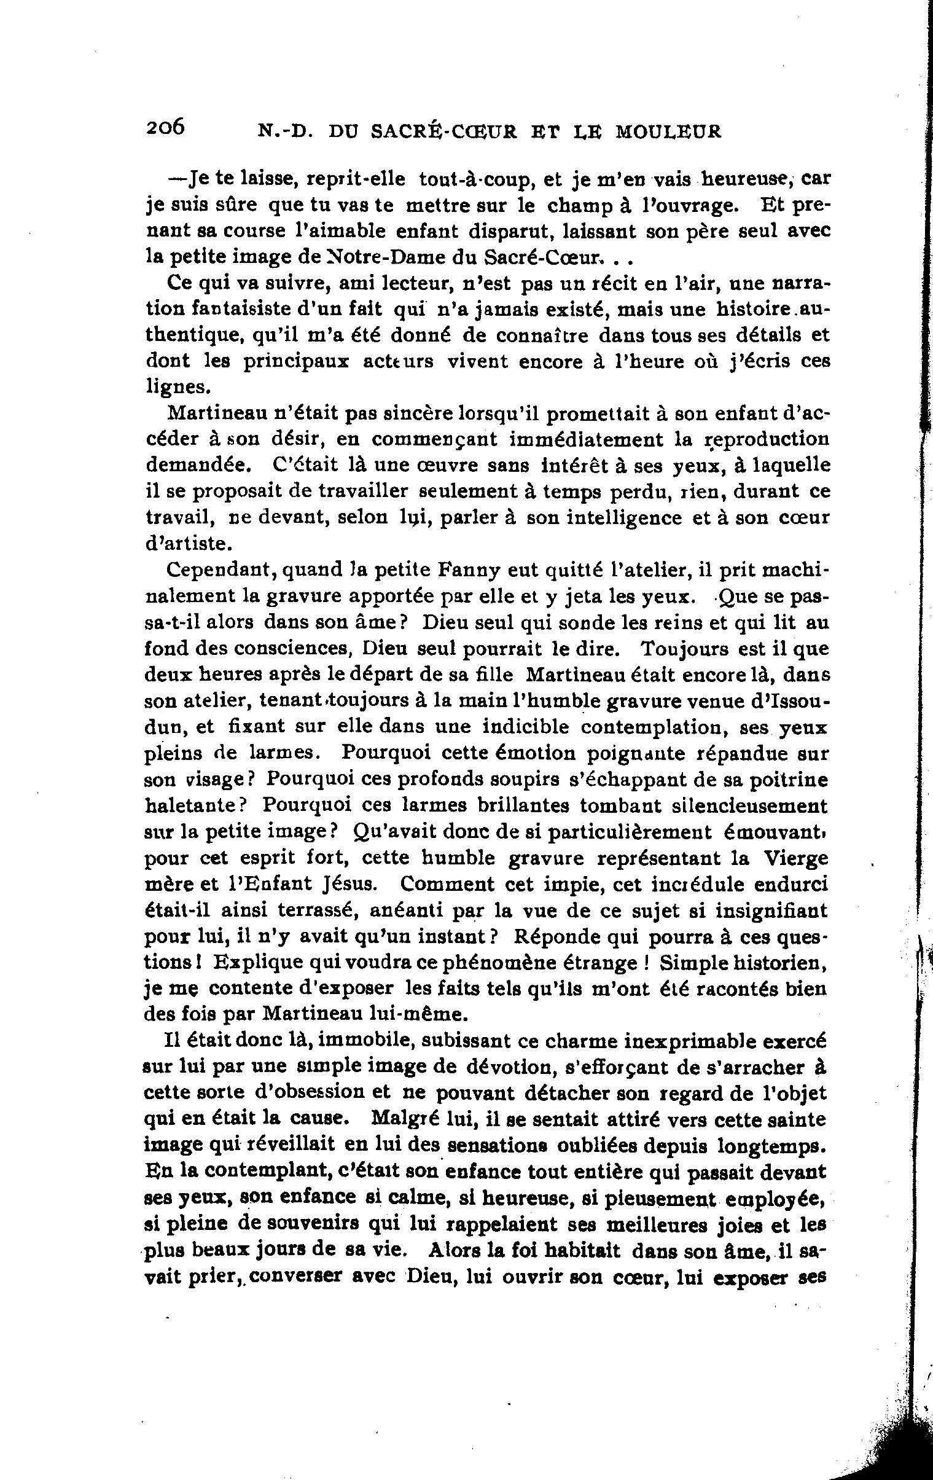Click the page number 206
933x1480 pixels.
pyautogui.click(x=165, y=127)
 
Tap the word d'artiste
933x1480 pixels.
pyautogui.click(x=189, y=543)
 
